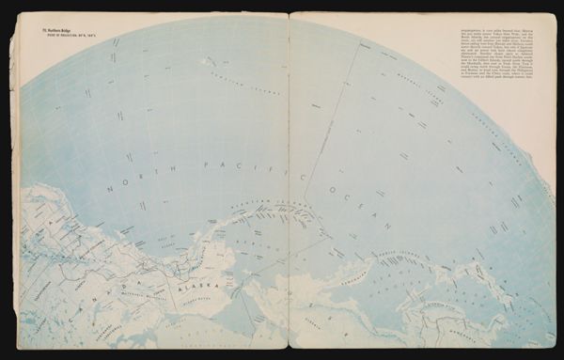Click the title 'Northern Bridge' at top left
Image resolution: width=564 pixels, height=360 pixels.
(x=55, y=33)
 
